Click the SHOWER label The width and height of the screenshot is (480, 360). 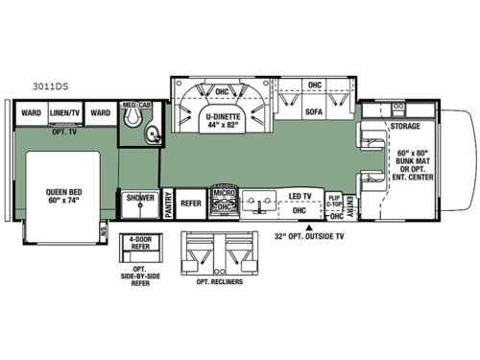[x=140, y=199]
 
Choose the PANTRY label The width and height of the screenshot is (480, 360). [x=167, y=204]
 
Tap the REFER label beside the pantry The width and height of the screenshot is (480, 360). [x=191, y=203]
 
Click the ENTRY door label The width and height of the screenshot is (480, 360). [x=351, y=205]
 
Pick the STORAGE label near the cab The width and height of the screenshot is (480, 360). [x=405, y=125]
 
